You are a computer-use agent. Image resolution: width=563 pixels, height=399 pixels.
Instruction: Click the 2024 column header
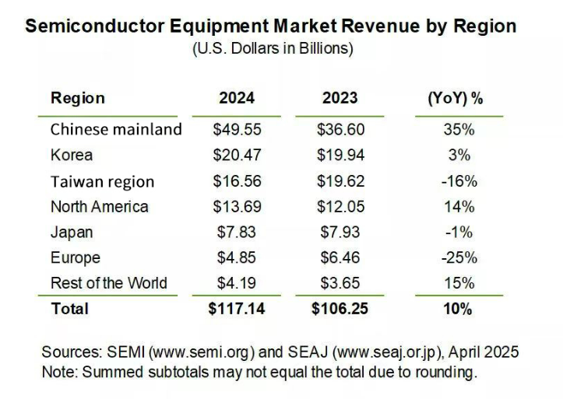point(237,99)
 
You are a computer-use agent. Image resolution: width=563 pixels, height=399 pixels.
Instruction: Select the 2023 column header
point(340,99)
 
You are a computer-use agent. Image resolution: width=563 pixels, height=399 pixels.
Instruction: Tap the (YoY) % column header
point(456,99)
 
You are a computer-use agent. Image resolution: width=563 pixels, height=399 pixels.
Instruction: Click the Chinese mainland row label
point(116,129)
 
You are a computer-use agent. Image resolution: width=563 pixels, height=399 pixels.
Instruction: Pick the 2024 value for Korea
point(237,155)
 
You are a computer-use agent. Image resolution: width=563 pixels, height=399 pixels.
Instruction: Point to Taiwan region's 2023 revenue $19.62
point(340,181)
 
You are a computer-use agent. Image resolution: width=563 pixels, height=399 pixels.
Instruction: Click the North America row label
point(99,207)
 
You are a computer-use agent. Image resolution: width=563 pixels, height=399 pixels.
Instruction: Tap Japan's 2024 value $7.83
point(237,232)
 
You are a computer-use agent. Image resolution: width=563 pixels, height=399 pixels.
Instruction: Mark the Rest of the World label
point(108,282)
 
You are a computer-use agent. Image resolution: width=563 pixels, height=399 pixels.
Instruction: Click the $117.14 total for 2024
point(237,309)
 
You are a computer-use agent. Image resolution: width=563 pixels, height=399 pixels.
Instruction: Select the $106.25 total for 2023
point(340,309)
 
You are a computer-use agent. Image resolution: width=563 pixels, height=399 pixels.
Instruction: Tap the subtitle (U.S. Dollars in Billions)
point(273,49)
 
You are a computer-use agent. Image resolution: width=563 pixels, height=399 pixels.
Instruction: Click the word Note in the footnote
point(58,372)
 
